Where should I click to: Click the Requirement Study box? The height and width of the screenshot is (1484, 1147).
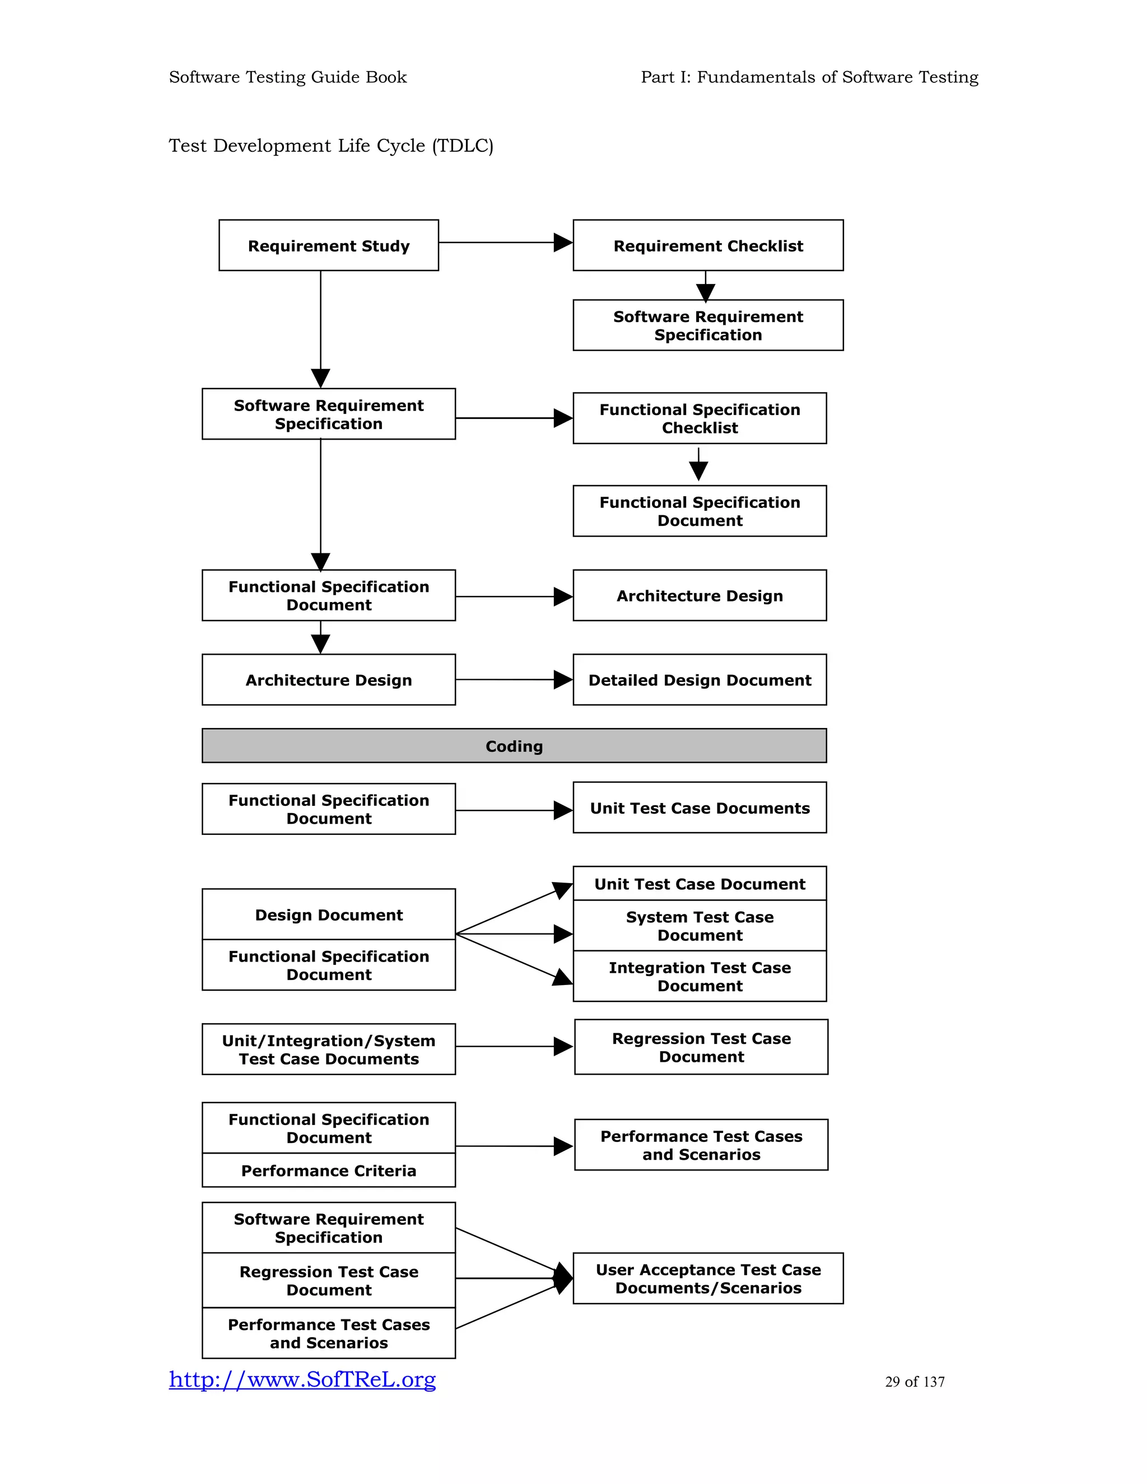[x=328, y=245]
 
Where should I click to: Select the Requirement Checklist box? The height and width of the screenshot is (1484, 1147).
[x=707, y=245]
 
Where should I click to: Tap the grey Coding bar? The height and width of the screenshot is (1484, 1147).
[x=514, y=745]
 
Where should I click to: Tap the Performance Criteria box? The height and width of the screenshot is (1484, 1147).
[x=328, y=1170]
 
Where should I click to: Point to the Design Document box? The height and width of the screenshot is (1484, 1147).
[x=328, y=914]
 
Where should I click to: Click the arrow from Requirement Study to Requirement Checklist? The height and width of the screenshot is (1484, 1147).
[x=506, y=242]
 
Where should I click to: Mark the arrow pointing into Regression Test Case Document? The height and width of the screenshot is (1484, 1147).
[x=514, y=1047]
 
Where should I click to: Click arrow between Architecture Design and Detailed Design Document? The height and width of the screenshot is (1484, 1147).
[x=514, y=679]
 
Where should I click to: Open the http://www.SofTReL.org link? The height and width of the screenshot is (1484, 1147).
[x=302, y=1379]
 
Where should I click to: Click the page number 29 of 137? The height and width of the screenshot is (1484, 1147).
[x=915, y=1382]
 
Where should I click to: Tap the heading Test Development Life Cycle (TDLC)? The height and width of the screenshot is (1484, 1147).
[x=331, y=146]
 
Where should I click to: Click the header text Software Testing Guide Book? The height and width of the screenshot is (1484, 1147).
[x=287, y=77]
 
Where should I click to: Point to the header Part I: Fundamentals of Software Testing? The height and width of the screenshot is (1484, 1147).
[x=809, y=77]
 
